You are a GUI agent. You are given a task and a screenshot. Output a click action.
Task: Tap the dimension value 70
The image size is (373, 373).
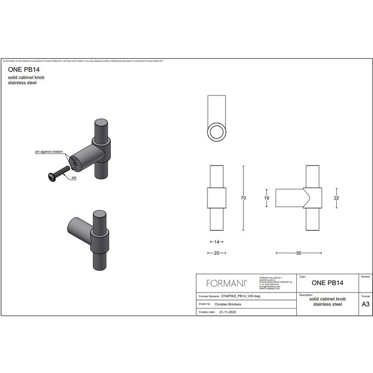(x=243, y=198)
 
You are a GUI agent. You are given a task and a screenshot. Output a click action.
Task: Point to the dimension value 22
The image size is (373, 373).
(x=337, y=198)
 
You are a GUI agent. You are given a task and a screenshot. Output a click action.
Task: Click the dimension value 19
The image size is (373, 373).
(x=266, y=198)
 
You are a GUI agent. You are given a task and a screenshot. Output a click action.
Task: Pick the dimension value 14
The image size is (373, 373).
(x=216, y=242)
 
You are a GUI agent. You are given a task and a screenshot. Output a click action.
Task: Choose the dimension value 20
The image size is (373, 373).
(x=216, y=253)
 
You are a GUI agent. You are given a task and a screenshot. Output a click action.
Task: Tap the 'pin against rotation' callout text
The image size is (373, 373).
(x=48, y=152)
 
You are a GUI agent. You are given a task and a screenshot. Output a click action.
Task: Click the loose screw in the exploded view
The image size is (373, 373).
(x=56, y=173)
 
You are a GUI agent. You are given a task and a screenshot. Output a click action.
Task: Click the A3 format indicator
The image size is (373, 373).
(x=366, y=304)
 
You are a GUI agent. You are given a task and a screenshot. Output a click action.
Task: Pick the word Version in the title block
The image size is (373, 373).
(x=366, y=277)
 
